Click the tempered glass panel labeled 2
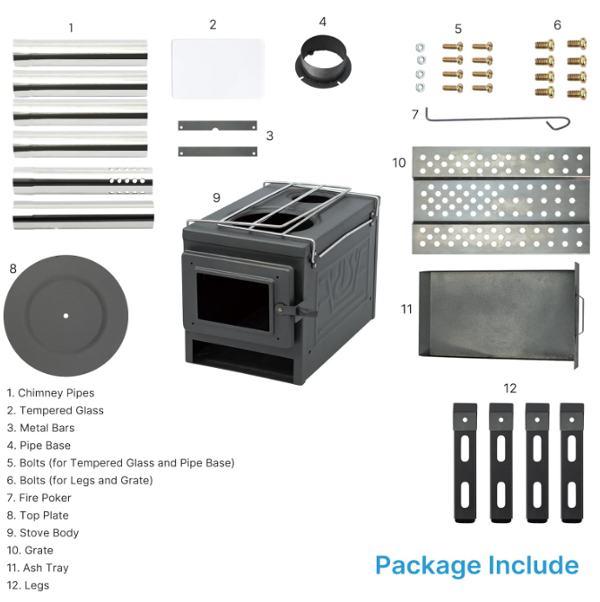coord(218,68)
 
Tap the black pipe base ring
coord(323,69)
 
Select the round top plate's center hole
coord(65,316)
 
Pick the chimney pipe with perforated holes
coord(83,180)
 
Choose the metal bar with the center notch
coord(218,126)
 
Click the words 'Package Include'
coord(477,565)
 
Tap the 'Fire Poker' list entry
coord(39,498)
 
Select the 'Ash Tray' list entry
coord(38,568)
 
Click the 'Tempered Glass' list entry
coord(56,410)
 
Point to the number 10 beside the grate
coord(399,162)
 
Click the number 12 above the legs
coord(509,388)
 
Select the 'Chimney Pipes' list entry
coord(50,393)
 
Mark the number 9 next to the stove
coord(216,197)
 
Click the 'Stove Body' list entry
coord(43,533)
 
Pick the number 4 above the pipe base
coord(323,22)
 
